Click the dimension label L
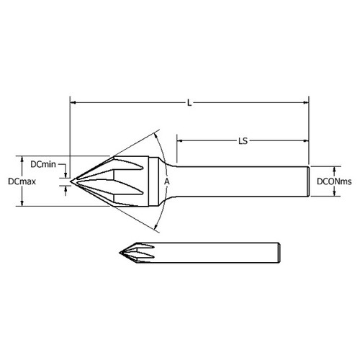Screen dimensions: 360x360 tap(189, 103)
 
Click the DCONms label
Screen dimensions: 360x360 tap(335, 181)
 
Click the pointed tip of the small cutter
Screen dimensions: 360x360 tap(119, 252)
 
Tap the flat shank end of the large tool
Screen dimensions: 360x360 tap(309, 181)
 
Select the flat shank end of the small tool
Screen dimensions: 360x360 tap(277, 252)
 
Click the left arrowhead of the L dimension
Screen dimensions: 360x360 tap(73, 103)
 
